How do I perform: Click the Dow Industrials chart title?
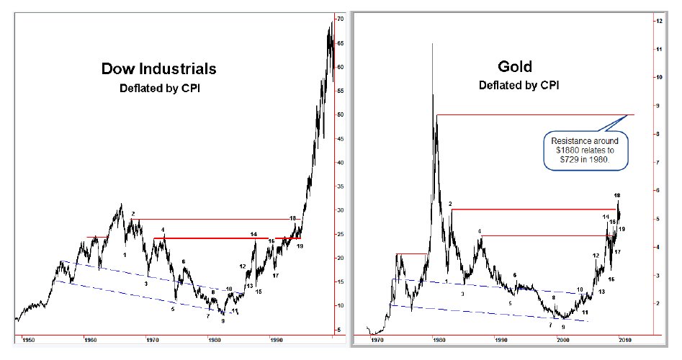click(x=158, y=70)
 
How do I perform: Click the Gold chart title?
click(x=515, y=67)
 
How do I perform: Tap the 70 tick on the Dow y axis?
click(x=339, y=19)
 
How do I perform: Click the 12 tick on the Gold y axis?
click(x=658, y=22)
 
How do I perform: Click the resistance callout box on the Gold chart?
click(x=585, y=150)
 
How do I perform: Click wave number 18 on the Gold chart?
click(x=617, y=195)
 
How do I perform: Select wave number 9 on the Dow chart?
click(x=223, y=321)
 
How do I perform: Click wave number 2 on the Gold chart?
click(x=450, y=204)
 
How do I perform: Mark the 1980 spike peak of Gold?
click(x=433, y=44)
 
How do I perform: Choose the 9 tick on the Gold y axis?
click(x=658, y=106)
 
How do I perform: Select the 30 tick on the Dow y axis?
click(x=339, y=210)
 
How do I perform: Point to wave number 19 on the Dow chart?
click(x=300, y=246)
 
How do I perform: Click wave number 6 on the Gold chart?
click(x=514, y=275)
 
